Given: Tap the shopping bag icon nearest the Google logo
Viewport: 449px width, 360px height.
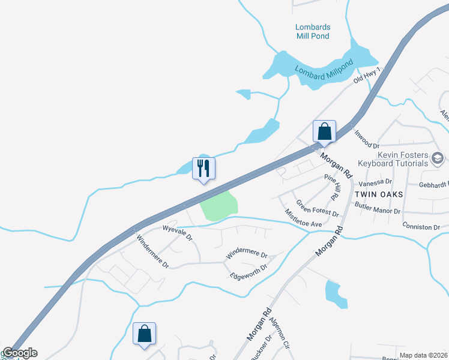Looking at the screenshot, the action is [145, 333].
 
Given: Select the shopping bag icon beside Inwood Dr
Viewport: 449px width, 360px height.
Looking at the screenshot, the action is [324, 131].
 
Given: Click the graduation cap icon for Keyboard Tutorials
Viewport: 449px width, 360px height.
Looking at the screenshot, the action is [438, 158].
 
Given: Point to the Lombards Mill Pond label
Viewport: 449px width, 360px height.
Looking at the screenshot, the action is [313, 31].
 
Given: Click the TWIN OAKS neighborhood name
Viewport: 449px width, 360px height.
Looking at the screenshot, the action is [376, 194].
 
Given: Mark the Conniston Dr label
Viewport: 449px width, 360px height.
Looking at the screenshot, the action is [421, 227].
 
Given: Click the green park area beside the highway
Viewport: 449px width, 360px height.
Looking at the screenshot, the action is [218, 206].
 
